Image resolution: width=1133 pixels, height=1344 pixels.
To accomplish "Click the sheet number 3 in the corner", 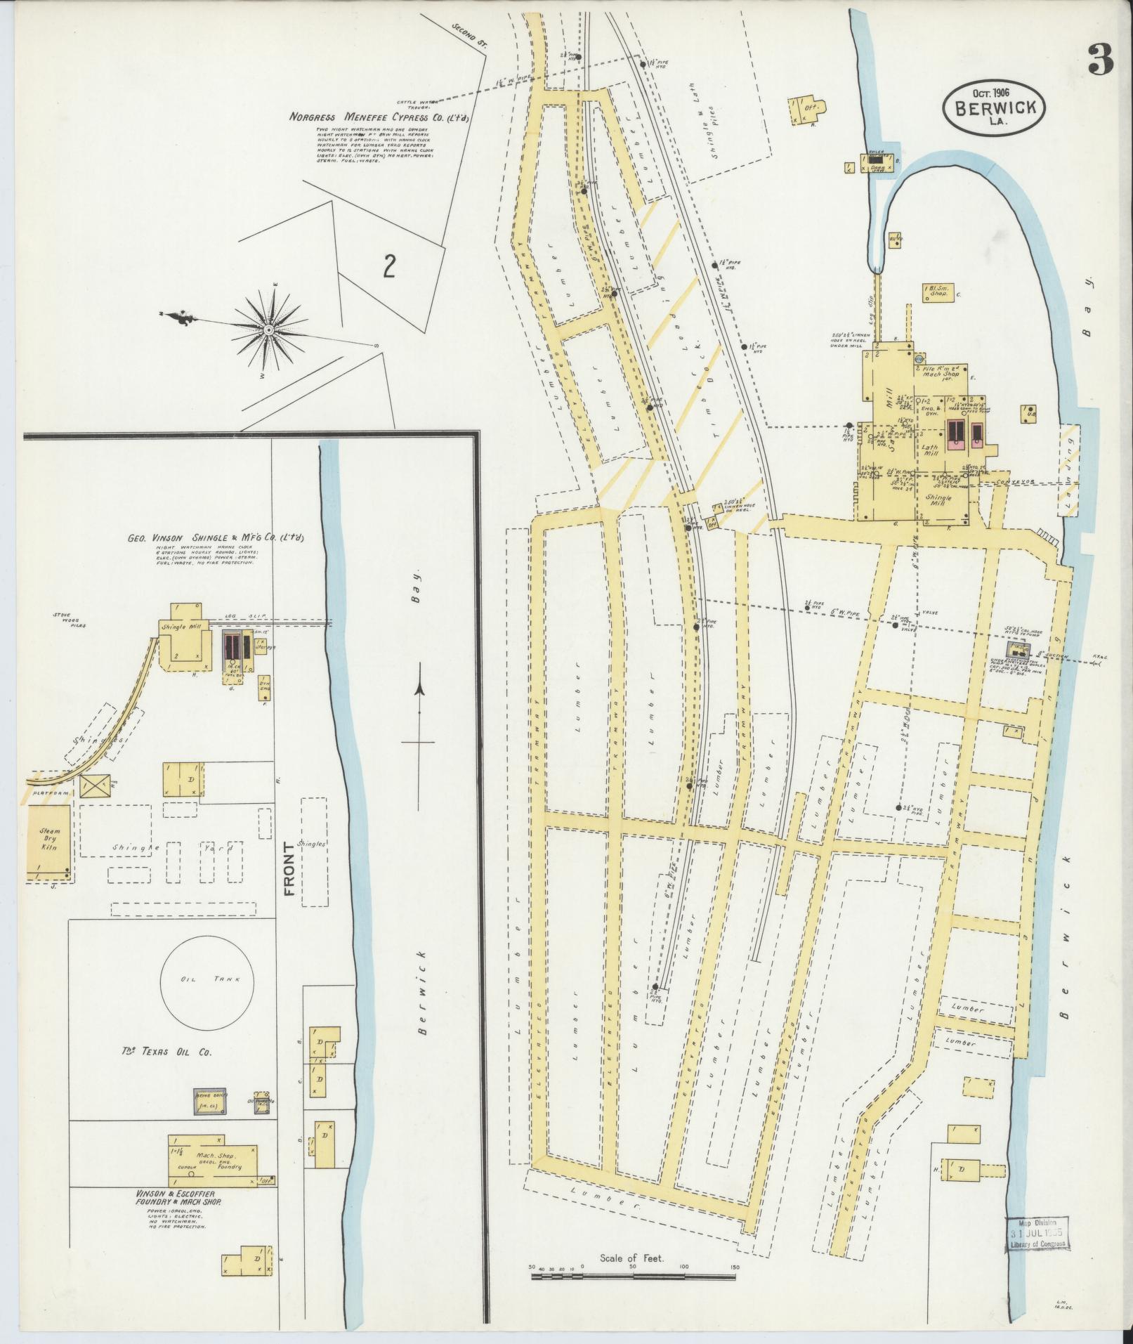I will (1100, 60).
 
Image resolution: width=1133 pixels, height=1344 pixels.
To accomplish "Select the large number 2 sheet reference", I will (388, 267).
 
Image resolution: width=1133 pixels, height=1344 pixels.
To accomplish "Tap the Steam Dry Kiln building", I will (49, 841).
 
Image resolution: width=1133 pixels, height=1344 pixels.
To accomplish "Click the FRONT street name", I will (287, 871).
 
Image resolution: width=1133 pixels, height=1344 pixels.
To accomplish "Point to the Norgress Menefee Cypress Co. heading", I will (379, 117).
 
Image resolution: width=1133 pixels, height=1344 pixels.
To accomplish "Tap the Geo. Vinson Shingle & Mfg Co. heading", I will (219, 537).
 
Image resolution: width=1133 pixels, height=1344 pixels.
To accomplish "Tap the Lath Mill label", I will (930, 450).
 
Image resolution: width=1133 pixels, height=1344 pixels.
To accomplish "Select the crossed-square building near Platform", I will (96, 785).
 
